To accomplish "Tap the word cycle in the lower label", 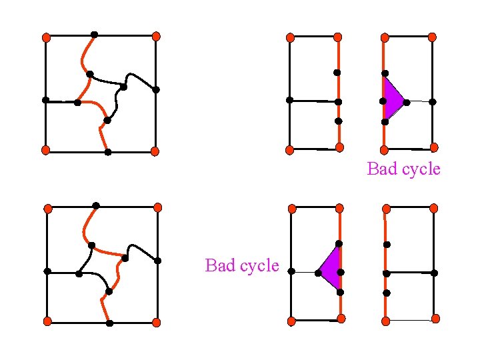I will coord(257,265).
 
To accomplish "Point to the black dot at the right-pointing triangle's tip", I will coord(407,101).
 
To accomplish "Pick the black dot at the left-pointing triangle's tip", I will coord(317,272).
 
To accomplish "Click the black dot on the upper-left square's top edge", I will coord(94,35).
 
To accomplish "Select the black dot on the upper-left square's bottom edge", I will coord(107,152).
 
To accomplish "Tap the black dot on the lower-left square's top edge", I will coord(96,205).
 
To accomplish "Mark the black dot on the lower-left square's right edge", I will coord(157,260).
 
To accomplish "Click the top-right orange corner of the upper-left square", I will coord(155,37).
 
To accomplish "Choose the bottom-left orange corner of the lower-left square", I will coord(47,321).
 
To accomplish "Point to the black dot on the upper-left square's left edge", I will coord(45,100).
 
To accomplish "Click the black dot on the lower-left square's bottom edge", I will coord(109,323).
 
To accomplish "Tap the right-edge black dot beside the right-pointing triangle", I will coord(432,101).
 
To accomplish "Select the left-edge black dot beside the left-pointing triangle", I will coord(292,271).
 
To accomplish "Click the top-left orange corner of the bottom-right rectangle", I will coord(385,207).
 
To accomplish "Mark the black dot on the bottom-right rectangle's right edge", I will coord(434,273).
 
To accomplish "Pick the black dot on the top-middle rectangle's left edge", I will coord(289,100).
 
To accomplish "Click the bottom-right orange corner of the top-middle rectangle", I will coord(339,147).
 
